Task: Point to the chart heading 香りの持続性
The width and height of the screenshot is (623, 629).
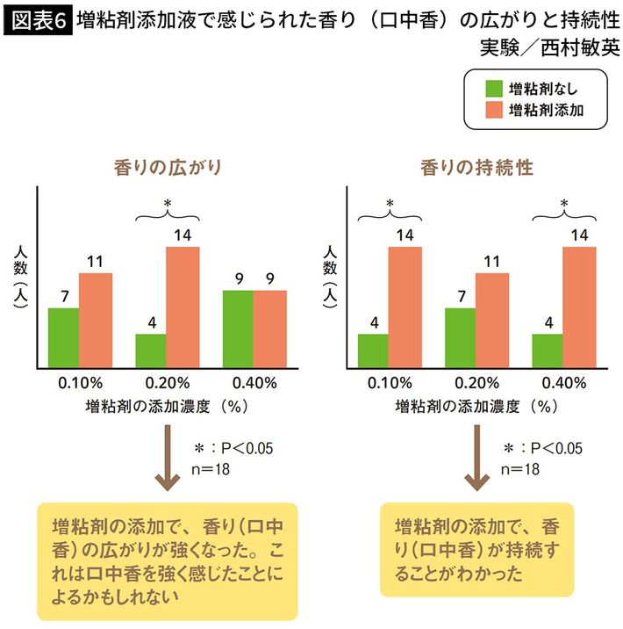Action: pos(476,166)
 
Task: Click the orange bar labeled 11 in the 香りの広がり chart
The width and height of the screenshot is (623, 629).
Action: pos(96,321)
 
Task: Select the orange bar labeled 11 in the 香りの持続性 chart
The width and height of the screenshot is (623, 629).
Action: pos(492,321)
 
